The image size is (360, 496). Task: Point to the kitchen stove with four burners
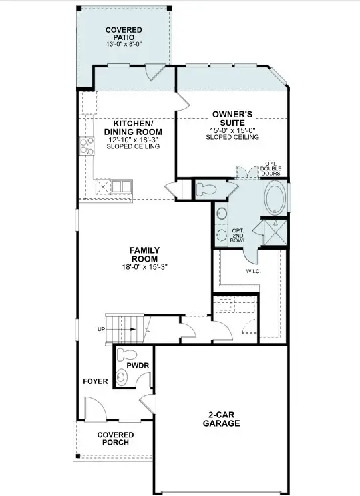87,144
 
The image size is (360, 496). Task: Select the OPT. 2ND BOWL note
237,236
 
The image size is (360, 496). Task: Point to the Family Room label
144,255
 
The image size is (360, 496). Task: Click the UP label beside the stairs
100,330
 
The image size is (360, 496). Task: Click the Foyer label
95,382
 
